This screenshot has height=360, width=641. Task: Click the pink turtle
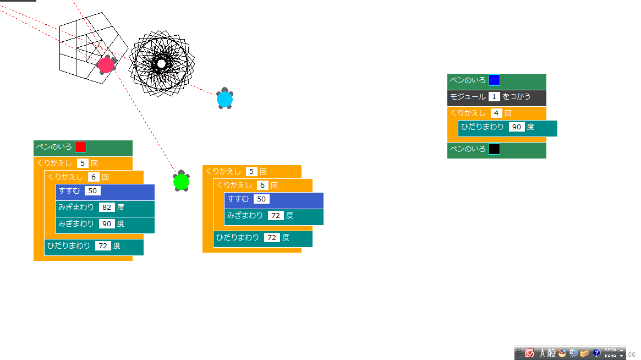[x=106, y=65]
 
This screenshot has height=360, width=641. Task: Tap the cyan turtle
[x=224, y=99]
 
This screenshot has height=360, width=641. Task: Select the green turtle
[x=181, y=181]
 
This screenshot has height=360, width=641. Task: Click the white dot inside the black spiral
[x=161, y=64]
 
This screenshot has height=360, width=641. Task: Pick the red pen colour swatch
[x=81, y=147]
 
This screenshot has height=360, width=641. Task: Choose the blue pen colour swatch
[x=495, y=80]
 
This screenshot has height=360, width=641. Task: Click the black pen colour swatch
[x=495, y=149]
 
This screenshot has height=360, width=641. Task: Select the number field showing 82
[x=107, y=208]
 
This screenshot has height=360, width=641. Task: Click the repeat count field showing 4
[x=496, y=113]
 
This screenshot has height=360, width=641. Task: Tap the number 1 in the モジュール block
[x=494, y=97]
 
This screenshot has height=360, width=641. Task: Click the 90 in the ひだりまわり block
[x=517, y=127]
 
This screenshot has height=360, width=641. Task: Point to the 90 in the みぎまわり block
[x=107, y=224]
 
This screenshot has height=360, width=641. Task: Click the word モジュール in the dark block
[x=468, y=97]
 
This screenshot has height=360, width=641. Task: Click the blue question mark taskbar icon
[x=596, y=353]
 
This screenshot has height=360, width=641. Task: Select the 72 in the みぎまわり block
[x=276, y=216]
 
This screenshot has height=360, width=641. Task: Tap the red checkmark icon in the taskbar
[x=529, y=353]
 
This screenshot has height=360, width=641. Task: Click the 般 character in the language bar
[x=551, y=353]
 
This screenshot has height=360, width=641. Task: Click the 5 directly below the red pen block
[x=83, y=163]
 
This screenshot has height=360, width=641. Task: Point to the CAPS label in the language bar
[x=610, y=350]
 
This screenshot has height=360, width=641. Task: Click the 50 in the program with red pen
[x=92, y=191]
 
